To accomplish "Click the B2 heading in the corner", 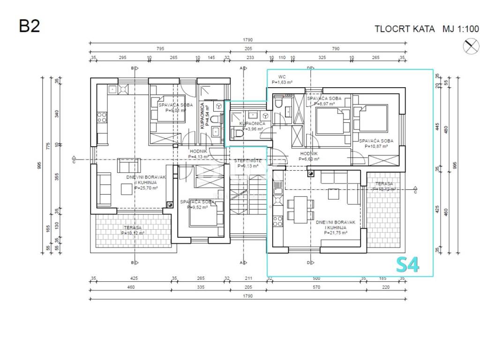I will (x=29, y=25).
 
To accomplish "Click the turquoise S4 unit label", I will (x=407, y=265).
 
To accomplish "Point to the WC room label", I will (x=282, y=77).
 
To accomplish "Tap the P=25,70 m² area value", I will (x=146, y=188).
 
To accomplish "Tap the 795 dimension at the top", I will (x=160, y=49).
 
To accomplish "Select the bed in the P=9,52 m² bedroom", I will (x=205, y=216).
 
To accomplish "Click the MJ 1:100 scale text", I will (x=461, y=29).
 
